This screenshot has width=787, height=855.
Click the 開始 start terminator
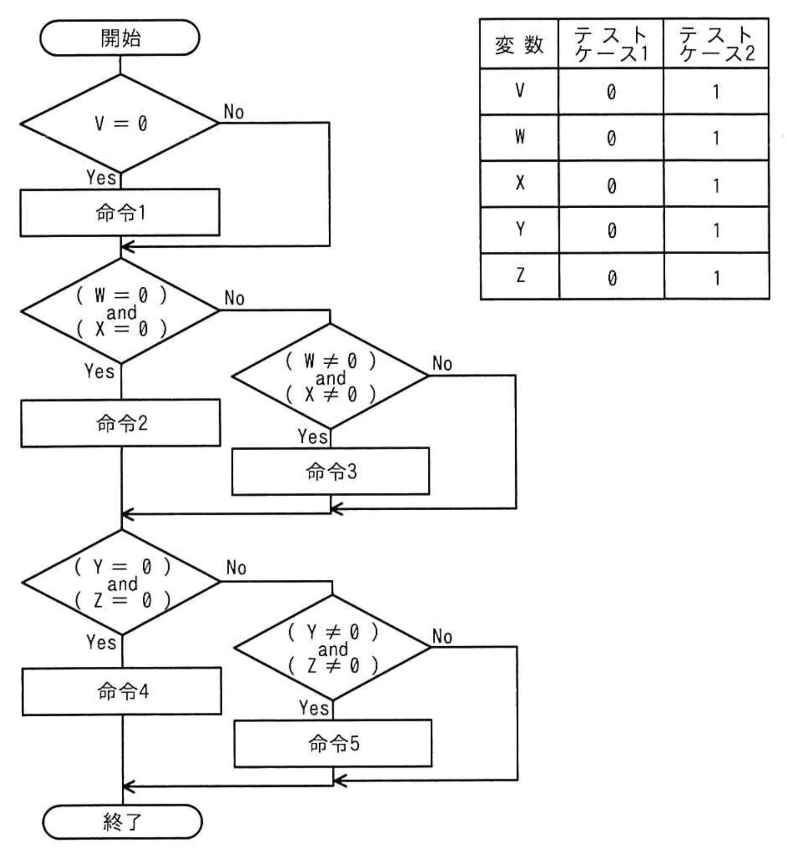click(x=120, y=38)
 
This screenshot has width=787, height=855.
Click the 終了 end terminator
click(x=122, y=821)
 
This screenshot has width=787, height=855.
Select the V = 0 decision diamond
click(x=120, y=123)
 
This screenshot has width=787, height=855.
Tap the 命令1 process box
click(x=120, y=212)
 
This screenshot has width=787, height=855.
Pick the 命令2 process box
click(x=121, y=423)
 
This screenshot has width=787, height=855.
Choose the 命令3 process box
click(x=331, y=471)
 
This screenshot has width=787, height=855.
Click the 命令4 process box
click(x=122, y=691)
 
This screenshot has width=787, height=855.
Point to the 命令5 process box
click(x=333, y=743)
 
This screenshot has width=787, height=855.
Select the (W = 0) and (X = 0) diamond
click(x=121, y=312)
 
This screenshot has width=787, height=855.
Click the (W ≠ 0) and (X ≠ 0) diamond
click(x=330, y=377)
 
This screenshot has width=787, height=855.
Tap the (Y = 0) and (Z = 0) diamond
click(x=122, y=583)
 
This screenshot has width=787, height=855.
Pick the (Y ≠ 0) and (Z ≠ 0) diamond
click(x=332, y=648)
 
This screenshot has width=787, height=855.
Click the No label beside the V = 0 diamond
click(x=234, y=112)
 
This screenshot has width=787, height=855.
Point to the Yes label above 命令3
click(x=312, y=436)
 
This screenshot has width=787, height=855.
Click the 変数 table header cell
click(x=519, y=44)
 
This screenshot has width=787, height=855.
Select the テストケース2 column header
click(x=716, y=44)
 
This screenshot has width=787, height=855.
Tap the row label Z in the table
click(x=520, y=276)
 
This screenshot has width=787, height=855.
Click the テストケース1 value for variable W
click(x=611, y=138)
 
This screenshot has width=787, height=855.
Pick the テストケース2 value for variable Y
click(x=716, y=230)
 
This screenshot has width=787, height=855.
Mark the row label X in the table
click(x=520, y=183)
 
